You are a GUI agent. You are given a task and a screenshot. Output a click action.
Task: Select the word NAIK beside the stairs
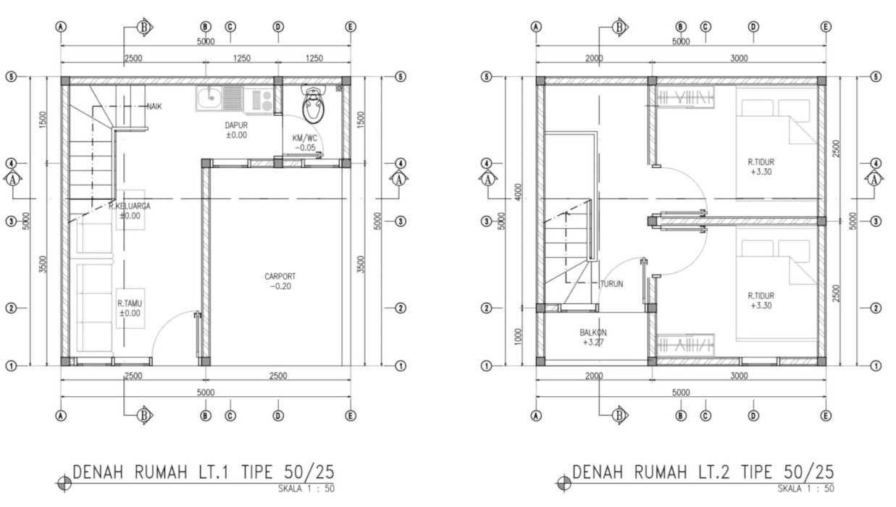click(154, 106)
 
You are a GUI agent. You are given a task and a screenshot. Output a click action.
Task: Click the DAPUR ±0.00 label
click(236, 130)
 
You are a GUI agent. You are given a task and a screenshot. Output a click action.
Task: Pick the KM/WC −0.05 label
click(305, 143)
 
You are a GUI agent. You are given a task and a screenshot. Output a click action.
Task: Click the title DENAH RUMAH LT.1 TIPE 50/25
click(203, 472)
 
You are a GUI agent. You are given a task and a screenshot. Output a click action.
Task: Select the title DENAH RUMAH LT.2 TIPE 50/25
click(703, 472)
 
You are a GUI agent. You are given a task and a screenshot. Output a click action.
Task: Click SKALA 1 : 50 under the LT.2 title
click(805, 489)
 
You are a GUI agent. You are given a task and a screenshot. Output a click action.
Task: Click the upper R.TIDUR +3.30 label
click(761, 167)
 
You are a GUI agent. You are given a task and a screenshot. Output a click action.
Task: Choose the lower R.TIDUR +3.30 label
click(761, 300)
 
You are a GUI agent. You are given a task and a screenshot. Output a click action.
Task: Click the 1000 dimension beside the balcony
click(518, 336)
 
